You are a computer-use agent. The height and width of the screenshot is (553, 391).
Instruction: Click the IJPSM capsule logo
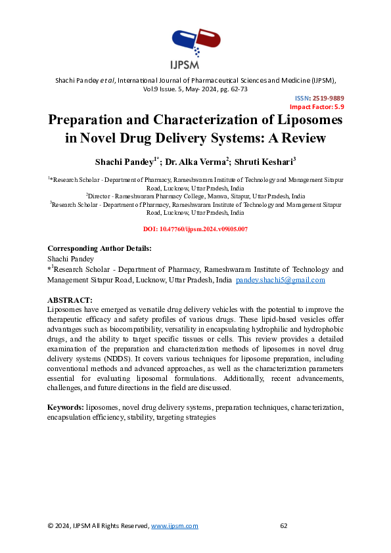click(x=195, y=43)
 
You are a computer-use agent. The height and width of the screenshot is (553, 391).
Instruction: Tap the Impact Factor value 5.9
click(x=339, y=106)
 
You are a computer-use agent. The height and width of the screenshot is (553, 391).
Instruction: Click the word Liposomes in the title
click(x=305, y=121)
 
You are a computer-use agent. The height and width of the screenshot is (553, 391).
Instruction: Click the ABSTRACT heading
click(x=70, y=300)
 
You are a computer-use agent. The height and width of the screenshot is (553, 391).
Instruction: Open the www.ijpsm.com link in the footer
click(x=174, y=526)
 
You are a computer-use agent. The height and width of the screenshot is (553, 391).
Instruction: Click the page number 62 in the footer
click(x=284, y=526)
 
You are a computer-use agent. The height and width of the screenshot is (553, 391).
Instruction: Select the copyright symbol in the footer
click(x=50, y=526)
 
